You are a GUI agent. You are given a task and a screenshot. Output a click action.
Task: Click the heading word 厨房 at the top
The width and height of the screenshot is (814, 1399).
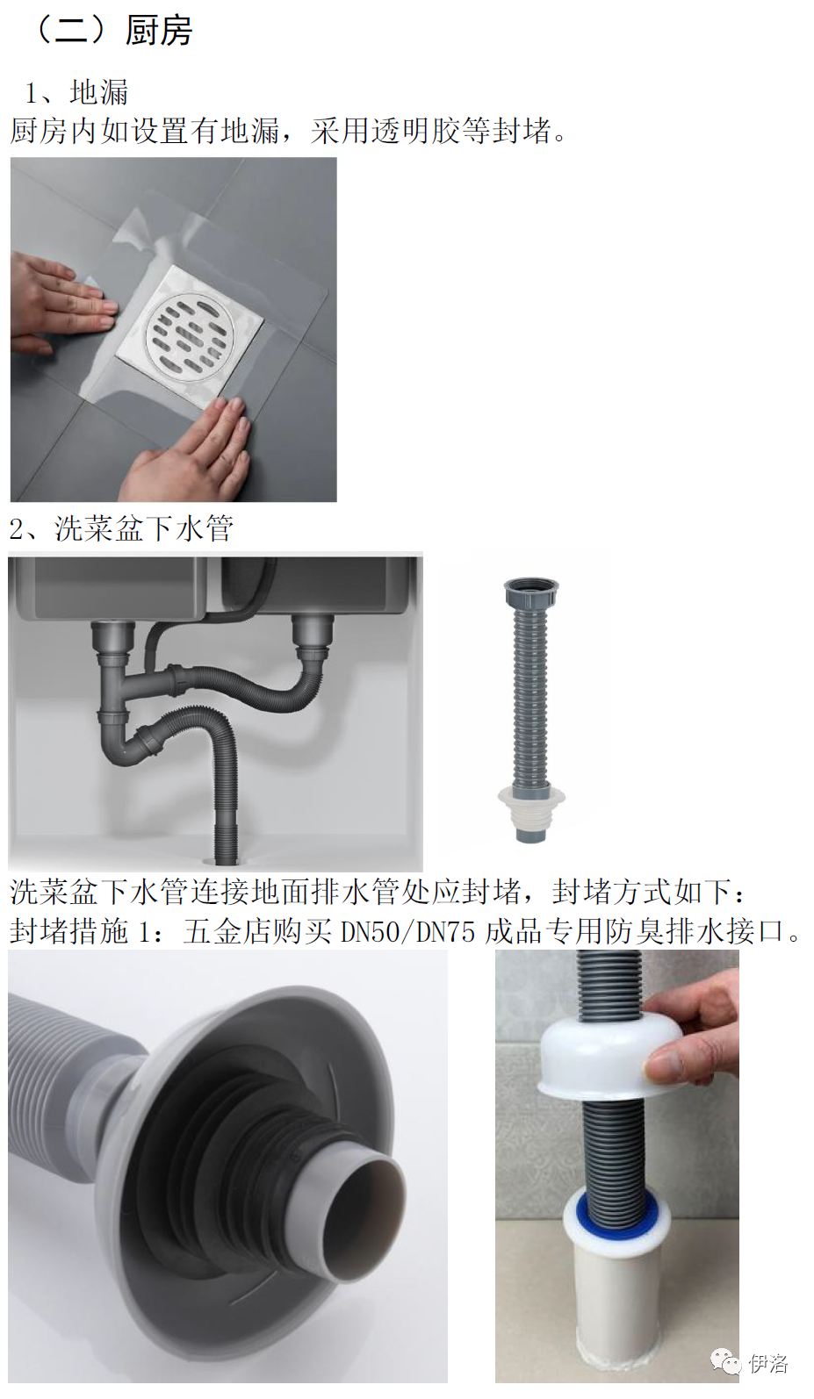159,31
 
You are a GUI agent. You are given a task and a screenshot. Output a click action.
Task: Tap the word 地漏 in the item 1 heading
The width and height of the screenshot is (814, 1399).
99,92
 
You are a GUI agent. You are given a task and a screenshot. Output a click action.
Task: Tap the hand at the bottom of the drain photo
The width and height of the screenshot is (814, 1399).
187,449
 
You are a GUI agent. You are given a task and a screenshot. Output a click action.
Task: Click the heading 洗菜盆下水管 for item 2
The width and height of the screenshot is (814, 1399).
144,528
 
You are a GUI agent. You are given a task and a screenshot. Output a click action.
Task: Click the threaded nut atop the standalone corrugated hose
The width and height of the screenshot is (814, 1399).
531,590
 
